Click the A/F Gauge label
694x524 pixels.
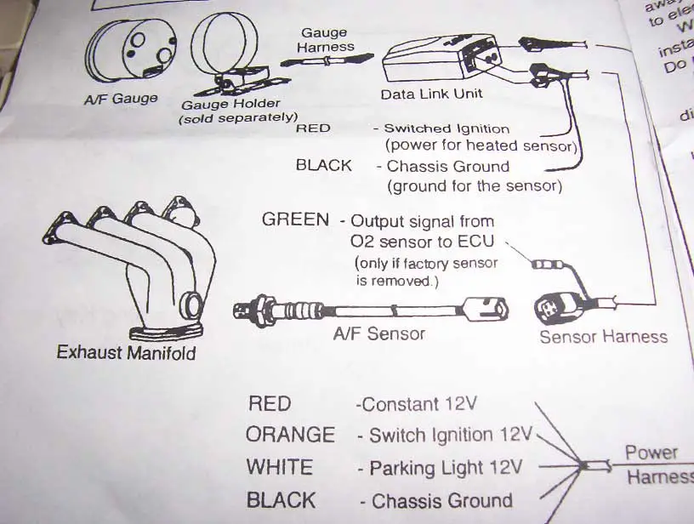[x=121, y=99]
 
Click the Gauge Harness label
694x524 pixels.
[x=323, y=41]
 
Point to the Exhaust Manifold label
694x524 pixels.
[x=126, y=351]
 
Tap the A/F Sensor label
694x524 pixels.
[x=378, y=334]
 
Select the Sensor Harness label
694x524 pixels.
[x=604, y=337]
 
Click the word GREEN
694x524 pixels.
[x=295, y=219]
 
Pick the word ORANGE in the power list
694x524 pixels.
[x=290, y=435]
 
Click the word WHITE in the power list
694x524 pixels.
[x=279, y=467]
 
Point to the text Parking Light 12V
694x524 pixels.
[x=437, y=469]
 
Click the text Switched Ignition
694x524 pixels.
[x=447, y=129]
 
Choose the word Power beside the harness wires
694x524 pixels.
[x=651, y=453]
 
